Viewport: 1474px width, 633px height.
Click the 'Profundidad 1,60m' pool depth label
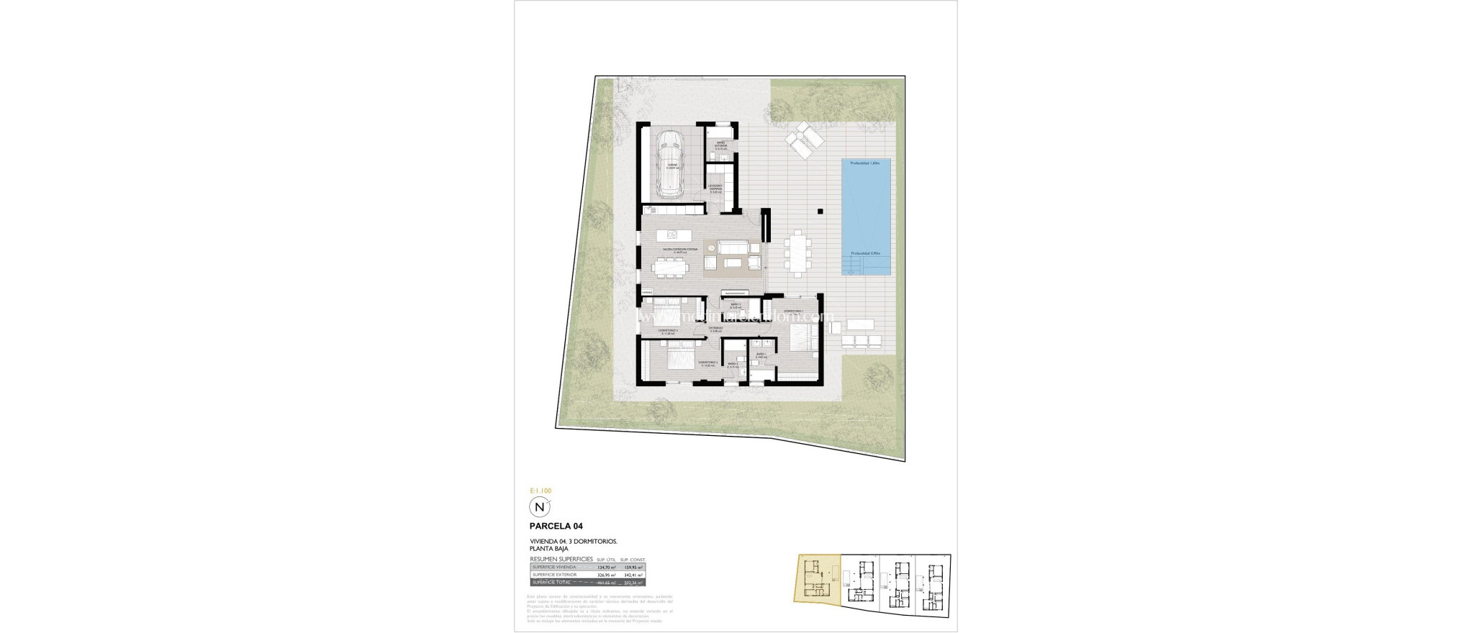pyautogui.click(x=865, y=163)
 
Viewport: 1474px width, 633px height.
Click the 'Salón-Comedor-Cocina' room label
pyautogui.click(x=167, y=250)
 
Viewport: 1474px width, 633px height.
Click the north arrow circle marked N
pyautogui.click(x=538, y=507)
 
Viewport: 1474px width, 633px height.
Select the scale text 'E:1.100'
pyautogui.click(x=541, y=491)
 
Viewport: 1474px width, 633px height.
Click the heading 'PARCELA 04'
pyautogui.click(x=556, y=527)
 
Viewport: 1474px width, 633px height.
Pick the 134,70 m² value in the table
pyautogui.click(x=607, y=567)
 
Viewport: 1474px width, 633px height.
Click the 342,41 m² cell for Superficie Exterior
pyautogui.click(x=632, y=575)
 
